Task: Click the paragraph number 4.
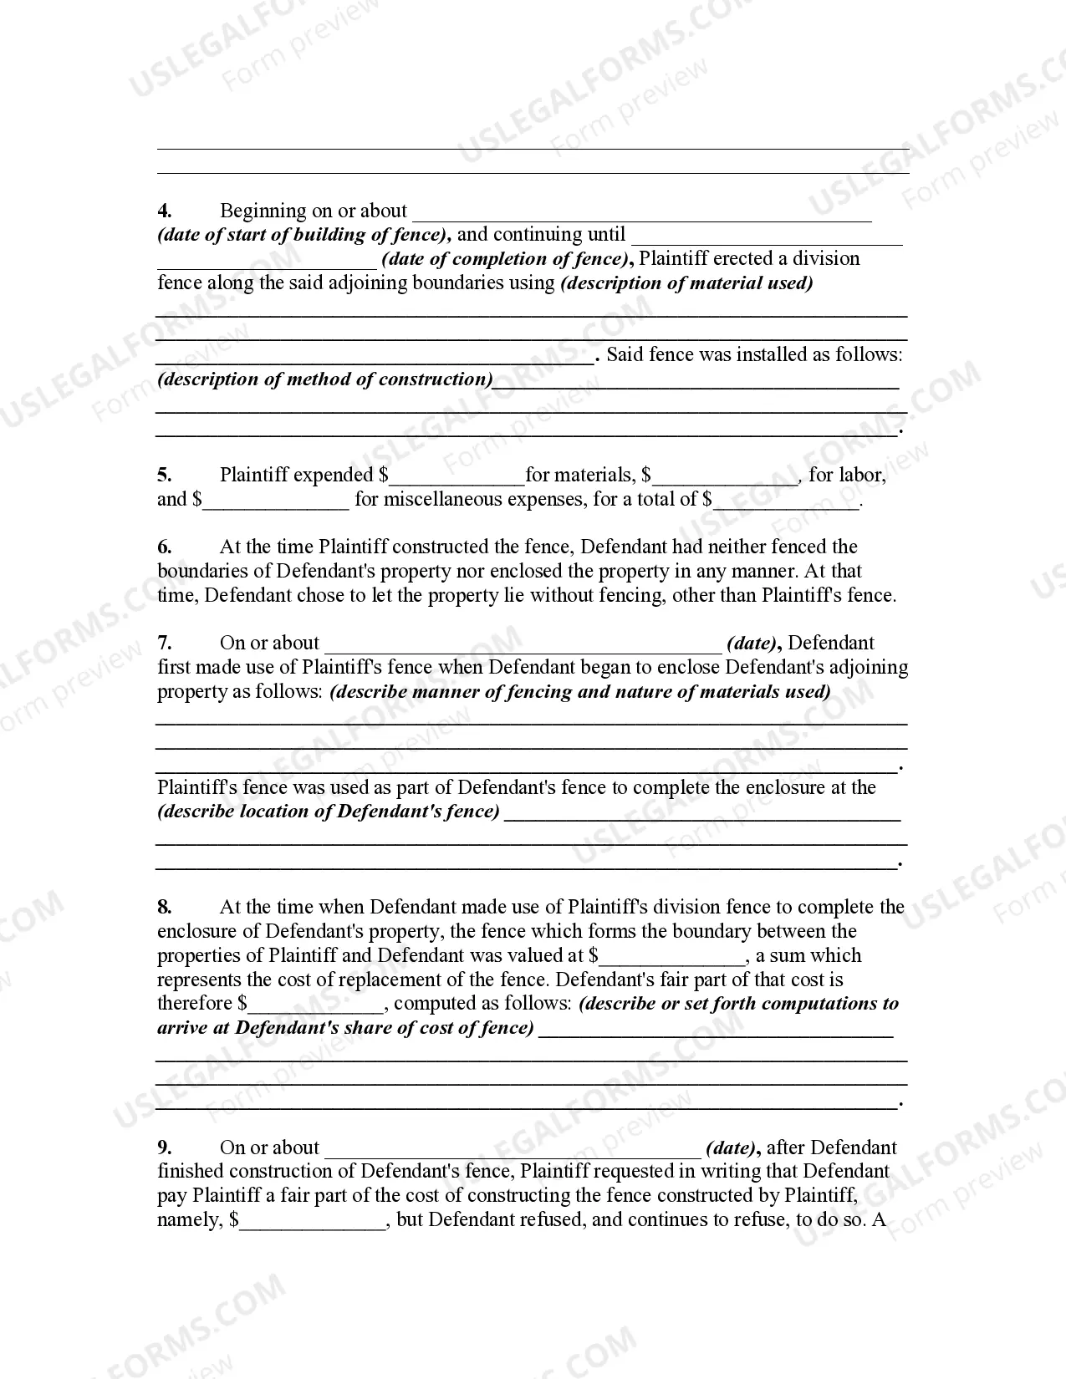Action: [x=165, y=211]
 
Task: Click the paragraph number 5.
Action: [x=165, y=475]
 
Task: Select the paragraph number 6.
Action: [x=165, y=547]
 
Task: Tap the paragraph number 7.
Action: [x=165, y=643]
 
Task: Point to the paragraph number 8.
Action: [x=165, y=907]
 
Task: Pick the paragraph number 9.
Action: [x=165, y=1147]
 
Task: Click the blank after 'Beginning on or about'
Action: [x=641, y=214]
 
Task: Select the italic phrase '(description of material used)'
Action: [x=686, y=282]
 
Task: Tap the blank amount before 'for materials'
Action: [x=456, y=478]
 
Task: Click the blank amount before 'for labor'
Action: [x=726, y=478]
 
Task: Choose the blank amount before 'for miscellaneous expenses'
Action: [x=276, y=502]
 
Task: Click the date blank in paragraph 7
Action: [x=523, y=645]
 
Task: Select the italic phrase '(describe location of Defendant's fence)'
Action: [x=329, y=812]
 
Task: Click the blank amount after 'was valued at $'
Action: [x=672, y=959]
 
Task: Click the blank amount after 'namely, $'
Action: [x=313, y=1223]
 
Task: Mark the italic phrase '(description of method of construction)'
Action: [x=325, y=379]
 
